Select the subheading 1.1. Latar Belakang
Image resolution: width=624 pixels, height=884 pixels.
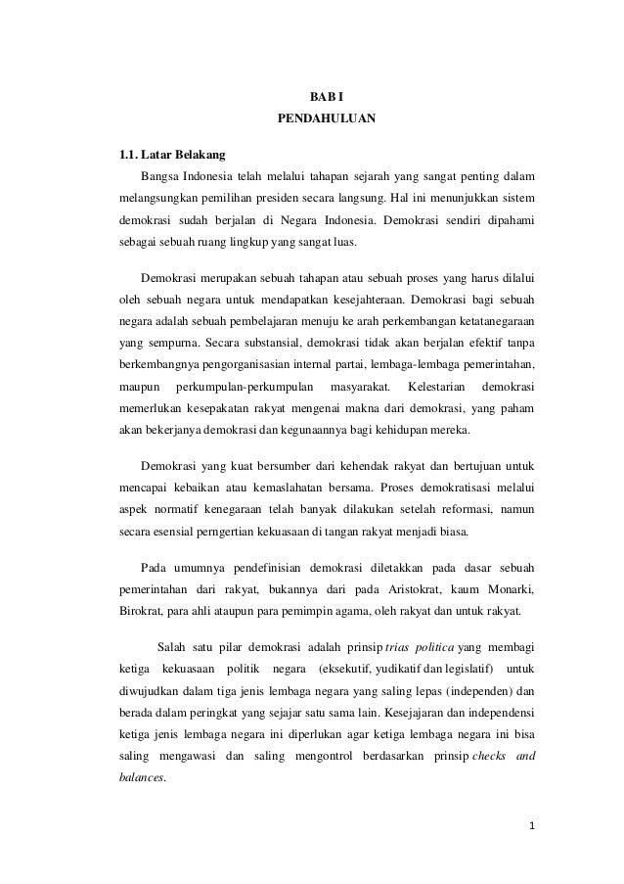point(172,155)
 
